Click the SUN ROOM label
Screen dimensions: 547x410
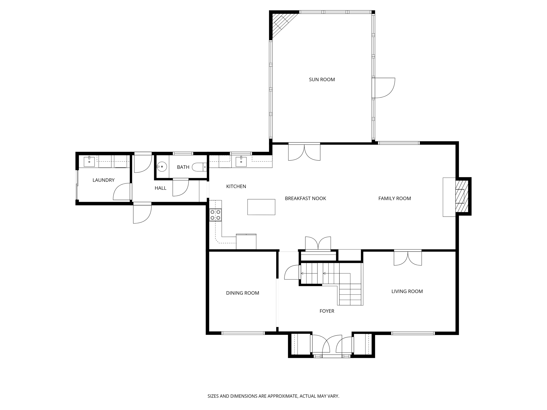tap(322, 80)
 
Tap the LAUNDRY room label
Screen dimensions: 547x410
tap(103, 180)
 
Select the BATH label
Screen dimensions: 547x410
tap(183, 167)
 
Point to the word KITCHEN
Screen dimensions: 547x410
tap(236, 187)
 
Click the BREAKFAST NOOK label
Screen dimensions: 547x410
tap(305, 198)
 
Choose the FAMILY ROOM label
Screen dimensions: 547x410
tap(394, 198)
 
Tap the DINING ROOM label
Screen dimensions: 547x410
tap(243, 293)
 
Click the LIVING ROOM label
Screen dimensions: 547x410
tap(407, 291)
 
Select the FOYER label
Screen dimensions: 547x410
tap(327, 311)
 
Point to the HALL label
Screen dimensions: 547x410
tap(161, 188)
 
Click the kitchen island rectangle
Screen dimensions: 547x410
tap(261, 207)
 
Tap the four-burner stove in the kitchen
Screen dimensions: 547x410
tap(215, 215)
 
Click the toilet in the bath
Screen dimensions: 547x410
tap(200, 167)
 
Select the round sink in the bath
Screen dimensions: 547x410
tap(162, 167)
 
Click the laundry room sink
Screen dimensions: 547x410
tap(89, 162)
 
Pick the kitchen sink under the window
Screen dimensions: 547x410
tap(241, 162)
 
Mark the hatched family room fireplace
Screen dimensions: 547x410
tap(462, 196)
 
